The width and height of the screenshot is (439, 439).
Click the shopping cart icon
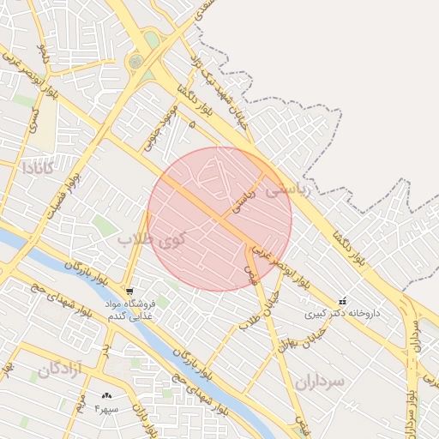129,292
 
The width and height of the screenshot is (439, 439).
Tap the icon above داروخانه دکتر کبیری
343,301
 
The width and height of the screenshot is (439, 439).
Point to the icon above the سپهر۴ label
105,396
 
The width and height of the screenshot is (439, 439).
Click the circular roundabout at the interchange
135,62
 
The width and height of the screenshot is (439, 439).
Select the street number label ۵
192,125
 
